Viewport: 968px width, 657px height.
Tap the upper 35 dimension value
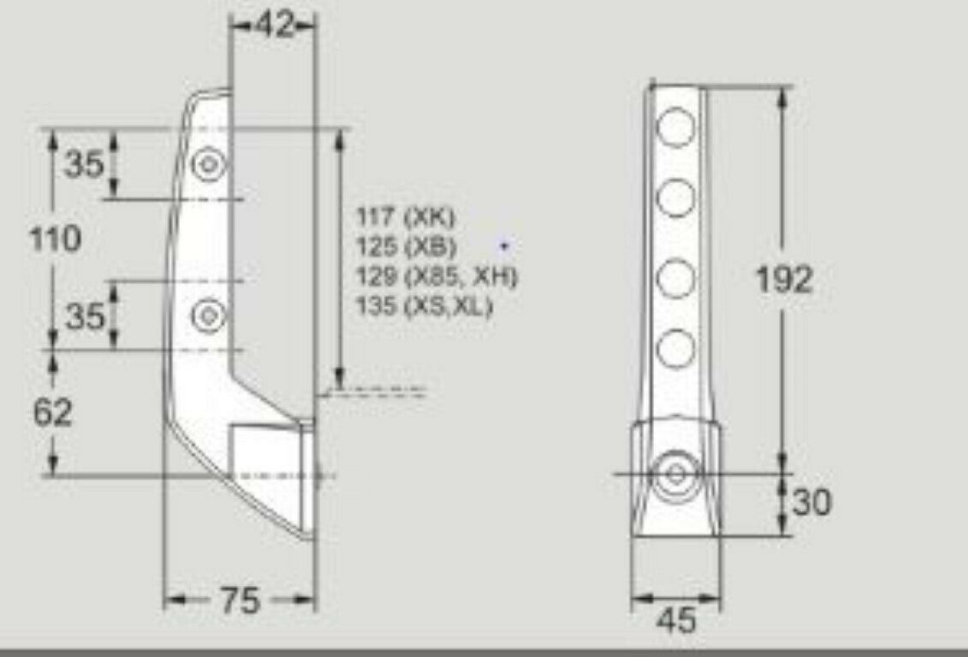[x=84, y=163]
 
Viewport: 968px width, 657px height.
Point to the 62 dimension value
[x=53, y=413]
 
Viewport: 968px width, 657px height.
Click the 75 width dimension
[x=240, y=601]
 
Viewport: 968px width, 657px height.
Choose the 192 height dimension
[x=784, y=279]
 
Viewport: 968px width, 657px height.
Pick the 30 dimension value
[x=811, y=502]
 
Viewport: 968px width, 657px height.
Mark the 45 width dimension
[x=677, y=620]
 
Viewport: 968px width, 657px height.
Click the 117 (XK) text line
[x=407, y=216]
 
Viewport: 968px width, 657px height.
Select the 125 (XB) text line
[x=407, y=246]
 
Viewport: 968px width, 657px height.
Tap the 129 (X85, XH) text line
[x=437, y=276]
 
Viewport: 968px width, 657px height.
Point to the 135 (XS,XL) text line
[x=425, y=306]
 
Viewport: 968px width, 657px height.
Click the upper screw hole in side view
[x=208, y=163]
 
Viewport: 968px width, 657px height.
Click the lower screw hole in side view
[x=208, y=317]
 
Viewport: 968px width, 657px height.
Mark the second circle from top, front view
[x=676, y=198]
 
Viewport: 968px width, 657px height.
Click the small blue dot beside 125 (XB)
[x=505, y=246]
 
